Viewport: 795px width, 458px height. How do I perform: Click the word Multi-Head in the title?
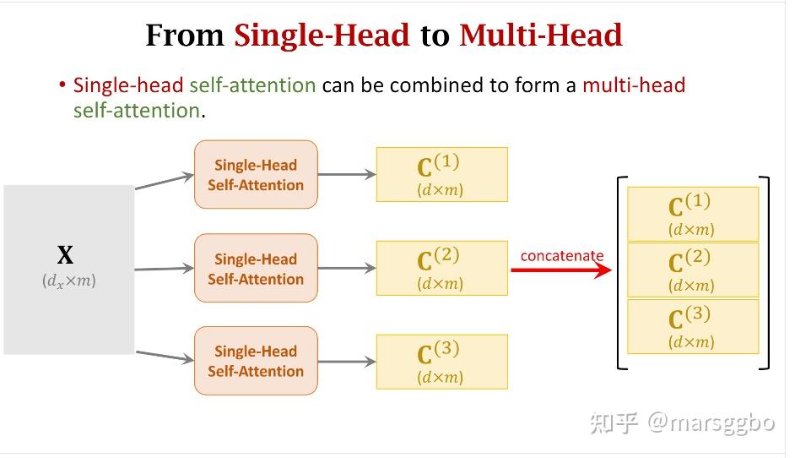[x=540, y=35]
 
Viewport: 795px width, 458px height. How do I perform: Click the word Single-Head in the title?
[x=322, y=35]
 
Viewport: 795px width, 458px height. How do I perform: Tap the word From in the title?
[x=185, y=35]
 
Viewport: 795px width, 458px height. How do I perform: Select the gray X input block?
[x=69, y=269]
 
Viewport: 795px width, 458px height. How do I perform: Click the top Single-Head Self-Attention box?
[x=256, y=175]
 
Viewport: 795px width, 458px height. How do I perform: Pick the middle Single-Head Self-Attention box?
[x=256, y=268]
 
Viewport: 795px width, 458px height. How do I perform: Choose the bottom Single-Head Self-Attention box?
[x=256, y=361]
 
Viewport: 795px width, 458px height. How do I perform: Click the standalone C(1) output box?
[x=441, y=175]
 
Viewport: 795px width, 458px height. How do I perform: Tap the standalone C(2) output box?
[x=441, y=268]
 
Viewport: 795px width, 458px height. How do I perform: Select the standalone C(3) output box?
[x=441, y=362]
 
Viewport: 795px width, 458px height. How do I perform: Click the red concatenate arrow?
[x=561, y=270]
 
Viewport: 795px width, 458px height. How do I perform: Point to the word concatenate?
[x=562, y=255]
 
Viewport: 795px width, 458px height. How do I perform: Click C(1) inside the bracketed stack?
[x=693, y=214]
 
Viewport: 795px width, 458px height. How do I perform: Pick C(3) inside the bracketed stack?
[x=693, y=326]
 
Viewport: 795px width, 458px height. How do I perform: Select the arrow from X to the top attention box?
[x=165, y=182]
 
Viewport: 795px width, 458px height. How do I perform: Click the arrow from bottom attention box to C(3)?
[x=347, y=362]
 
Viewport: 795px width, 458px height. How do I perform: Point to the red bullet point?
[x=62, y=85]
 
